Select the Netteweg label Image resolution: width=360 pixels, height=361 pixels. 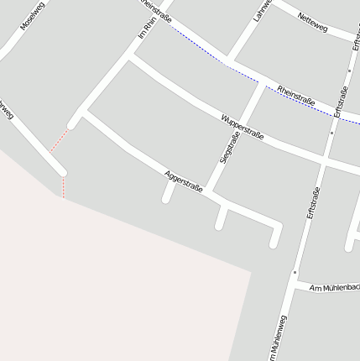[x=312, y=24]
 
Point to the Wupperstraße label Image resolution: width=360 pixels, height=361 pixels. [x=243, y=126]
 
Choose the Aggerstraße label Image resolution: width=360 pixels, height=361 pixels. [x=185, y=182]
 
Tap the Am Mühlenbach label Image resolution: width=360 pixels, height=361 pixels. [x=333, y=288]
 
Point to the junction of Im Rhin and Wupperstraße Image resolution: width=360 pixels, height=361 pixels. [x=130, y=59]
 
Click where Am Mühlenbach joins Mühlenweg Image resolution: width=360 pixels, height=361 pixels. [x=291, y=285]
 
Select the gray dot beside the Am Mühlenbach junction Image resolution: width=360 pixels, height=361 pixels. [x=295, y=272]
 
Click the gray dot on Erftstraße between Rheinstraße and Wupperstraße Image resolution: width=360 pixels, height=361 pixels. [x=333, y=132]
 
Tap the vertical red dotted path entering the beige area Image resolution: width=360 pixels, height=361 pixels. [x=63, y=186]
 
